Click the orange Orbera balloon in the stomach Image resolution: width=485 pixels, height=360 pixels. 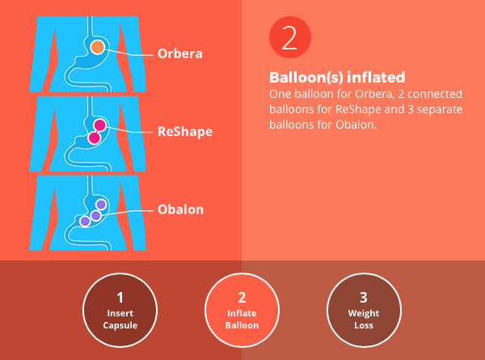(x=98, y=47)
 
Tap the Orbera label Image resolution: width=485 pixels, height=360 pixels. (x=180, y=53)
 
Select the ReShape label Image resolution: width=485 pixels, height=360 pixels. (x=185, y=132)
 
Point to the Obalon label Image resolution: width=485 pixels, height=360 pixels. (x=180, y=210)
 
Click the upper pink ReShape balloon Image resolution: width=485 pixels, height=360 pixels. (x=100, y=125)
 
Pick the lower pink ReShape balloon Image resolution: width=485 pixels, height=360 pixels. (x=94, y=138)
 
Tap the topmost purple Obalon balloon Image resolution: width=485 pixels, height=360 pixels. (x=101, y=205)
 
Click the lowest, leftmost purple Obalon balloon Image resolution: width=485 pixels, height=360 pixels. (x=85, y=221)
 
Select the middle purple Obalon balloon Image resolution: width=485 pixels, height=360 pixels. (x=95, y=215)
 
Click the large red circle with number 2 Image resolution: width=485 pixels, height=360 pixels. (x=290, y=37)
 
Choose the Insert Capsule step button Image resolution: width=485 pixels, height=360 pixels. (x=120, y=310)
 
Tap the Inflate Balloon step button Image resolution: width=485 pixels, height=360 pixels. (x=242, y=310)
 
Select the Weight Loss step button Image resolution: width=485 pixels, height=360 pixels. (x=364, y=310)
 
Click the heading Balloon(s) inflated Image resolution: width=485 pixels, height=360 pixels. (x=337, y=78)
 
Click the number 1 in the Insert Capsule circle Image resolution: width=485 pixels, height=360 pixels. (x=120, y=298)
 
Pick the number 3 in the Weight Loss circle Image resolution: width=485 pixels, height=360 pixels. (x=364, y=298)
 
